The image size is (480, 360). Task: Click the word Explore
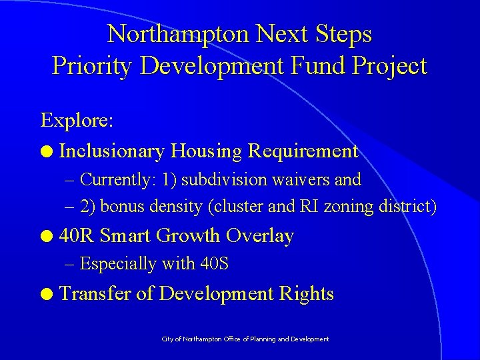77,121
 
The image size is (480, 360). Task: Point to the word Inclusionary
111,151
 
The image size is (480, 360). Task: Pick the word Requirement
303,151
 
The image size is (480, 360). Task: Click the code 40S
214,264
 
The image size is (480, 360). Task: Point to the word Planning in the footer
261,339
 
